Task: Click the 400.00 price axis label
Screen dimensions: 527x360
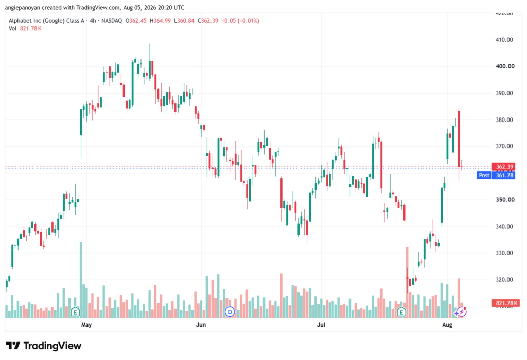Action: pos(505,66)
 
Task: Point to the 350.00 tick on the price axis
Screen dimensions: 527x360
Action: pos(505,199)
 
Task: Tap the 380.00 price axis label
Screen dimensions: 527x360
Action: pos(504,120)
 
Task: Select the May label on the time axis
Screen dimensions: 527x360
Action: pos(86,324)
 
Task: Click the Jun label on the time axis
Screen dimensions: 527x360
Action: pos(201,324)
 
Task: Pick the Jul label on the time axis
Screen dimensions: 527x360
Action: pos(321,324)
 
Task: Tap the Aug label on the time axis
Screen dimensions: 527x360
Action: pos(447,324)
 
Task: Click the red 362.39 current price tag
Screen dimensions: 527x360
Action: pos(503,167)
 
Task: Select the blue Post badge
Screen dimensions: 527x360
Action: pos(484,175)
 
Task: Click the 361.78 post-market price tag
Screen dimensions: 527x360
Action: pos(504,175)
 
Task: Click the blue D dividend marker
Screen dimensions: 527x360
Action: pos(230,312)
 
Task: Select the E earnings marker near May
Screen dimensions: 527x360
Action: pos(75,312)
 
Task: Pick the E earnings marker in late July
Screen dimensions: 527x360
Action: pos(401,312)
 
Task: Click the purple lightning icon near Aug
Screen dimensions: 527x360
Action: pos(461,312)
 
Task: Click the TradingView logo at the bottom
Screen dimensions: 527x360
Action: pos(44,346)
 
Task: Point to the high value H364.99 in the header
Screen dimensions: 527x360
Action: pos(161,21)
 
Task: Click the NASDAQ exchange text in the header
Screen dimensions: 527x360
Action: pos(112,21)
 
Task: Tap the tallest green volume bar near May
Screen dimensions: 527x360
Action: pos(81,280)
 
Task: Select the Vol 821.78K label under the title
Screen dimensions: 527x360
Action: pos(25,29)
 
